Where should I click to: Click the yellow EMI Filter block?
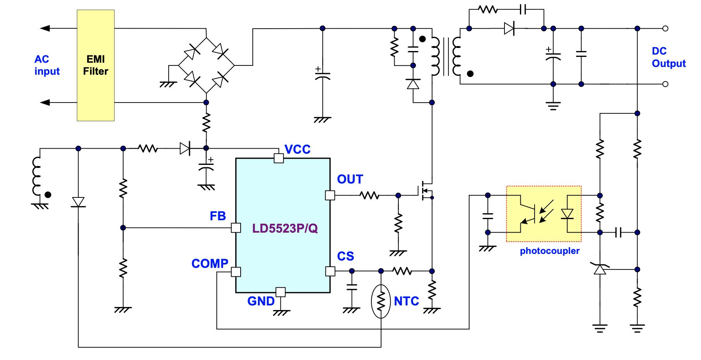point(96,65)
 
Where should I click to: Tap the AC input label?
point(47,65)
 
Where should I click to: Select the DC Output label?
point(668,57)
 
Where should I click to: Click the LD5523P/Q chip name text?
point(285,228)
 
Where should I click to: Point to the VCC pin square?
point(279,158)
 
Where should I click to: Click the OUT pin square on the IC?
point(330,195)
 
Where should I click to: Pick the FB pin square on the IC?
point(236,228)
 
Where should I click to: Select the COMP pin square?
point(236,272)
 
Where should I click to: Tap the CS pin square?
point(330,271)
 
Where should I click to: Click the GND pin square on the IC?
point(280,292)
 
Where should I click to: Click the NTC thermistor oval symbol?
point(381,301)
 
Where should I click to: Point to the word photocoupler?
point(549,251)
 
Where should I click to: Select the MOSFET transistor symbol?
point(426,190)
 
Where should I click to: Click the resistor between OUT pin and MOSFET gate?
point(369,195)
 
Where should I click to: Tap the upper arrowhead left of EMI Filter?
point(45,28)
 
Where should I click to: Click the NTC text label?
point(406,301)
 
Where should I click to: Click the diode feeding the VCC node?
point(185,148)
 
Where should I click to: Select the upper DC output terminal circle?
point(665,28)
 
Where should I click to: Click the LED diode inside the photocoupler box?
point(567,214)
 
